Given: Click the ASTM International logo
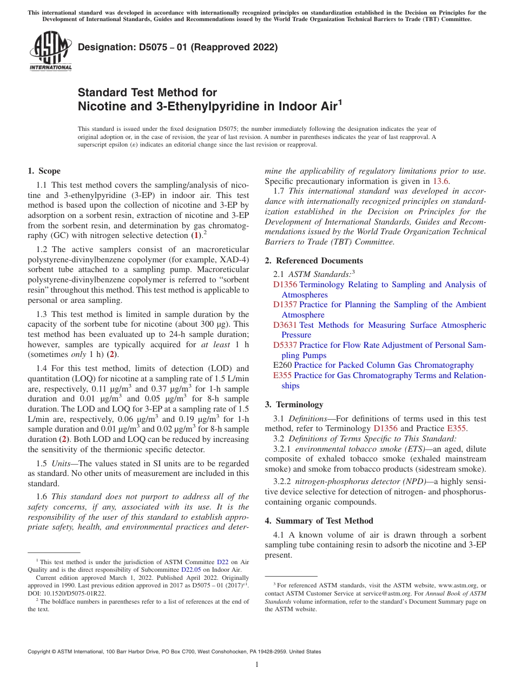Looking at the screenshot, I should coord(50,51).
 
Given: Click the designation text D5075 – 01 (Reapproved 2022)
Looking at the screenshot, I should coord(178,47).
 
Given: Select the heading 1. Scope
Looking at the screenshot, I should coord(44,171).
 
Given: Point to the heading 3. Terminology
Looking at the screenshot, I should coord(294,404).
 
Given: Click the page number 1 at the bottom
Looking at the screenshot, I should coord(257,665).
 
